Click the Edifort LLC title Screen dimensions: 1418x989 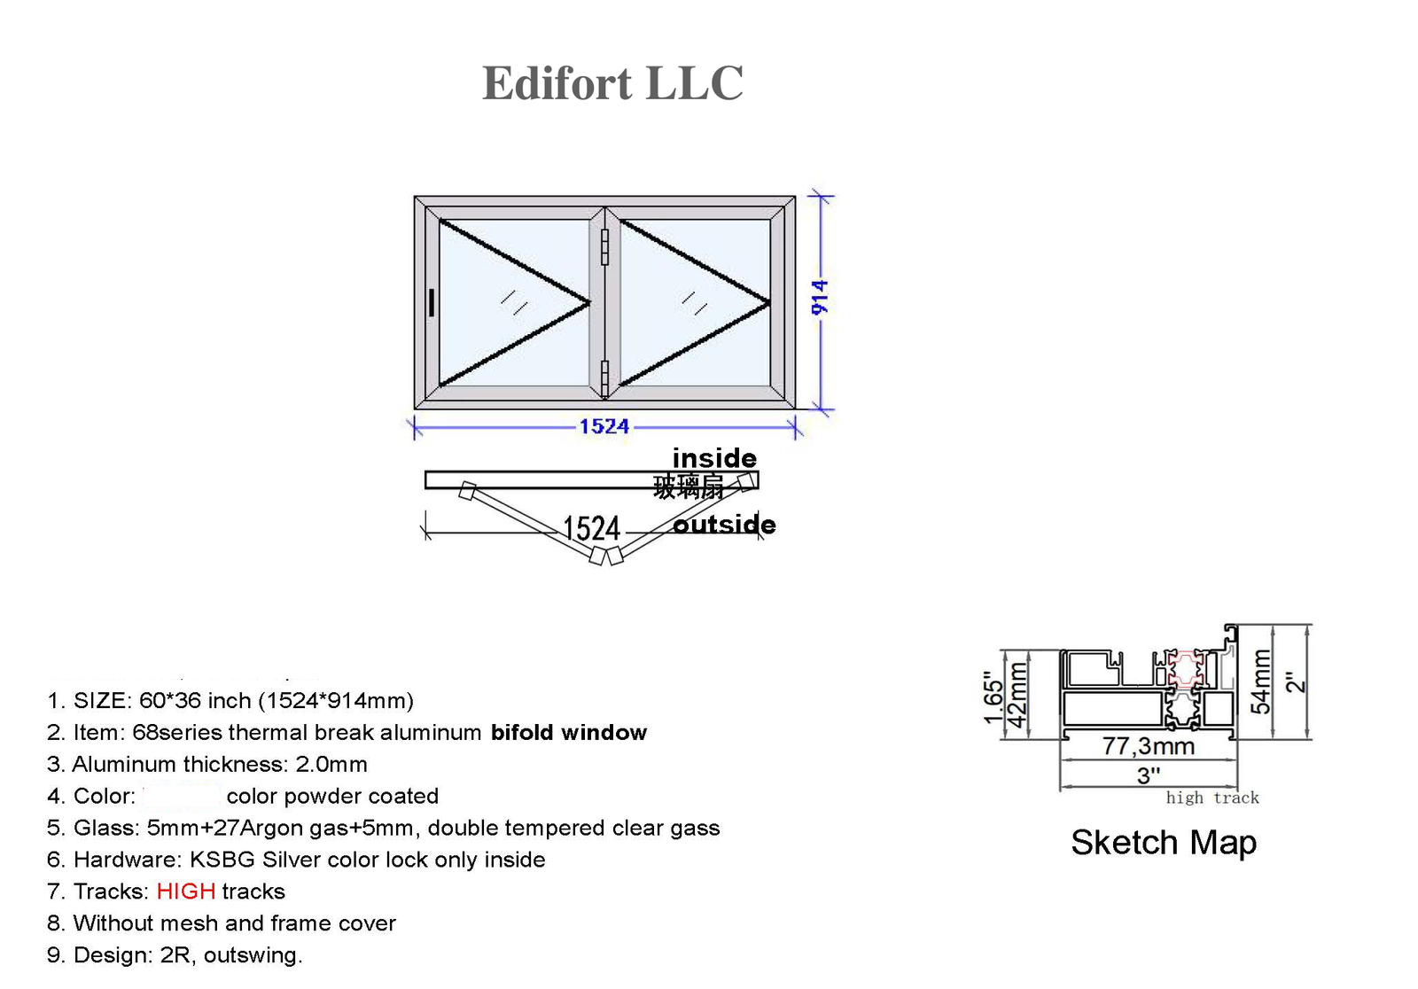612,83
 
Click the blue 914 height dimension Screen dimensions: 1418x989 819,298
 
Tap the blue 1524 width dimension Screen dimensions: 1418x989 604,426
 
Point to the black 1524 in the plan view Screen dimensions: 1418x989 591,528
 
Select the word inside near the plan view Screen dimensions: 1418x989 714,458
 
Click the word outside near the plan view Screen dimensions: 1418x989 724,525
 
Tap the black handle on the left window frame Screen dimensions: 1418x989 432,302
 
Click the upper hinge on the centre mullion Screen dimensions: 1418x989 604,247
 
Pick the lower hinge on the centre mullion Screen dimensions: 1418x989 604,378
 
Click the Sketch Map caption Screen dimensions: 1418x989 1164,842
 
